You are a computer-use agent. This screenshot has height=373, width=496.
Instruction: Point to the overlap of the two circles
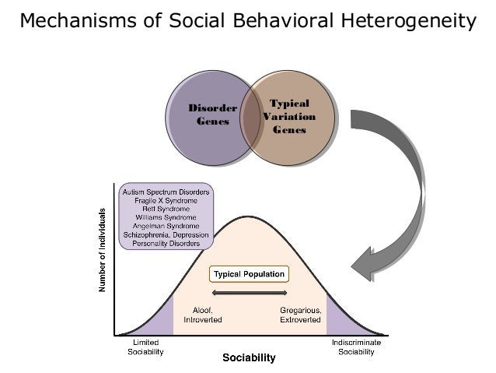click(x=250, y=117)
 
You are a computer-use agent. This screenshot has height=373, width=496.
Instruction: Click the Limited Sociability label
click(x=145, y=347)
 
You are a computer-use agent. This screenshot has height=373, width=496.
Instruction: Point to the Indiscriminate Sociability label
click(x=356, y=347)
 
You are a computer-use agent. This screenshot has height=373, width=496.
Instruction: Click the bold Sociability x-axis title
click(x=249, y=359)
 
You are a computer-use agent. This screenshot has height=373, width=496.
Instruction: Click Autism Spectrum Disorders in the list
click(x=166, y=191)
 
